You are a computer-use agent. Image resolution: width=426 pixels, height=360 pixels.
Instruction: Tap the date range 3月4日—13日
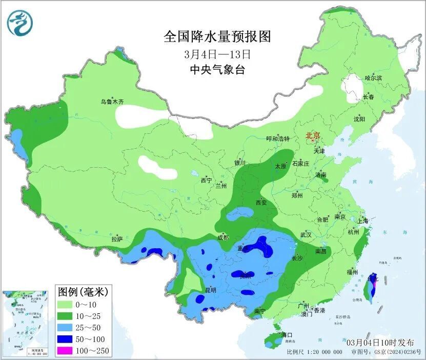(x=217, y=54)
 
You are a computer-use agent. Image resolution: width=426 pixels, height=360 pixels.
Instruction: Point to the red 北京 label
(x=313, y=135)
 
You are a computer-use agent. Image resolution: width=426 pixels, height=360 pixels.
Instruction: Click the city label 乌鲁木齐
(x=112, y=102)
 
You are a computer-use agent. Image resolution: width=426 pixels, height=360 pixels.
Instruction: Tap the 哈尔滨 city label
(x=373, y=78)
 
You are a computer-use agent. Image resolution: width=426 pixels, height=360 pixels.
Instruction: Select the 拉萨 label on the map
(x=117, y=239)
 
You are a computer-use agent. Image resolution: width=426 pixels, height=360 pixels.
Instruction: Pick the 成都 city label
(x=223, y=237)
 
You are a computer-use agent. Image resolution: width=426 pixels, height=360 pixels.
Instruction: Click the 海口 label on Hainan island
(x=287, y=335)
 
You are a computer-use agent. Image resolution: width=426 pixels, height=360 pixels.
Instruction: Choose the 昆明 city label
(x=210, y=290)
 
